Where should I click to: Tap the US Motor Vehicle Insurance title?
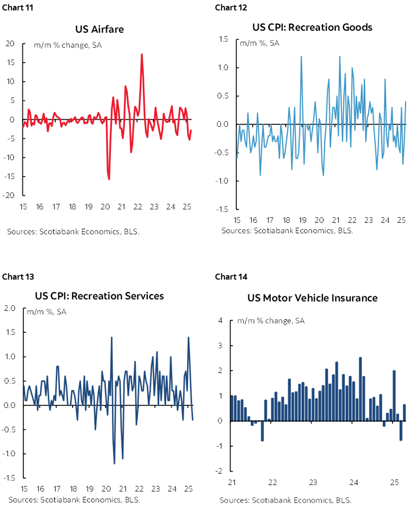click(312, 298)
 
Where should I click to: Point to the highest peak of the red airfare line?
click(142, 54)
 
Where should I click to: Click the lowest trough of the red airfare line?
click(109, 179)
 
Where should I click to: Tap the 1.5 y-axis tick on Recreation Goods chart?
click(222, 39)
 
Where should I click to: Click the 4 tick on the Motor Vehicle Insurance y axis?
click(220, 320)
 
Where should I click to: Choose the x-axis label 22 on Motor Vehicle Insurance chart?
click(272, 482)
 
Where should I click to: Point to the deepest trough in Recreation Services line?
click(114, 463)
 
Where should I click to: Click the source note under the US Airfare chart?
click(57, 231)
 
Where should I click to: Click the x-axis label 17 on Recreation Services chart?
click(57, 489)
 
